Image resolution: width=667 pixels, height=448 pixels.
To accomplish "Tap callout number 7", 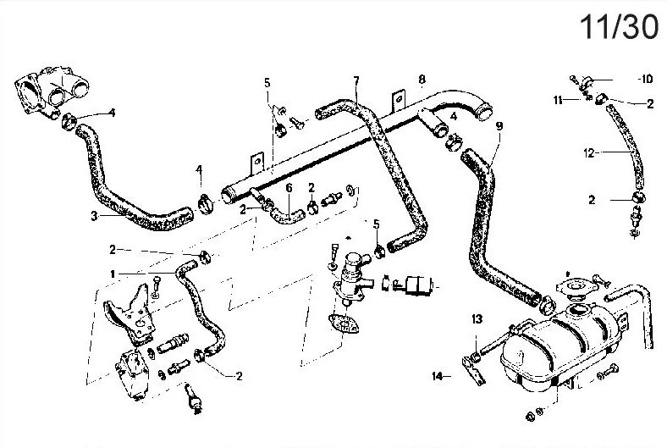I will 356,81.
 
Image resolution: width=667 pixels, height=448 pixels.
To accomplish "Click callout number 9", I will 499,125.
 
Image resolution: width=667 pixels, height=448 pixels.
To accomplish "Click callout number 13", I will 477,319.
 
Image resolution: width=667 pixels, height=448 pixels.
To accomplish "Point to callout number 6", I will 289,187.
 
